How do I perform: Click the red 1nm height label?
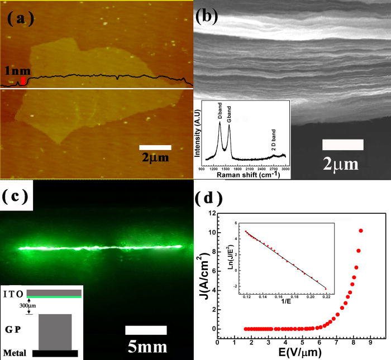(13, 72)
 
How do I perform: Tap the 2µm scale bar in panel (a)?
(155, 147)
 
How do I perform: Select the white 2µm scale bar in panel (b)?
(343, 144)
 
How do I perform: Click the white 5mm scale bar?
(146, 330)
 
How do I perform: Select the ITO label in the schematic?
(13, 294)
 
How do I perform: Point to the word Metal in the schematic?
(15, 353)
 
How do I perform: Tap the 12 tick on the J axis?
(210, 213)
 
